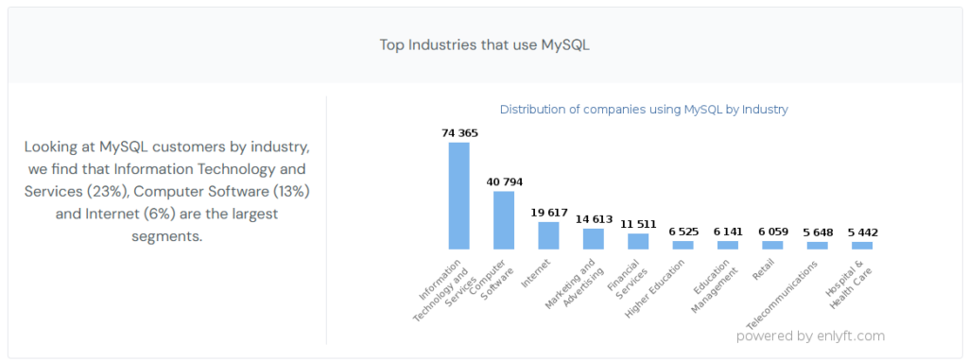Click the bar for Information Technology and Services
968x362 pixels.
(458, 196)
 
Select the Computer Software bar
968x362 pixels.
(504, 220)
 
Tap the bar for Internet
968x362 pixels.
(548, 235)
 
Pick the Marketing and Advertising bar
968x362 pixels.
(594, 239)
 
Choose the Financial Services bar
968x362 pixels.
(638, 241)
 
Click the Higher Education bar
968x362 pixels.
(683, 245)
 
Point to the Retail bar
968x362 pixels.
(772, 245)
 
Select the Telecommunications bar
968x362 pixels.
(817, 246)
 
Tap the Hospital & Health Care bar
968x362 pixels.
(862, 246)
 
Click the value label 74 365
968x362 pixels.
(459, 133)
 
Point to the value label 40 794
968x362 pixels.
(504, 181)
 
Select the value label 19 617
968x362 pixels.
(548, 213)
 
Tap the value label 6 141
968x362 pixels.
(728, 232)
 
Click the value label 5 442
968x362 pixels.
(862, 233)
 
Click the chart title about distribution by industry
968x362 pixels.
(644, 110)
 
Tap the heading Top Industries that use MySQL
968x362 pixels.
(484, 45)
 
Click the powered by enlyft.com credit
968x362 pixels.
(810, 336)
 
